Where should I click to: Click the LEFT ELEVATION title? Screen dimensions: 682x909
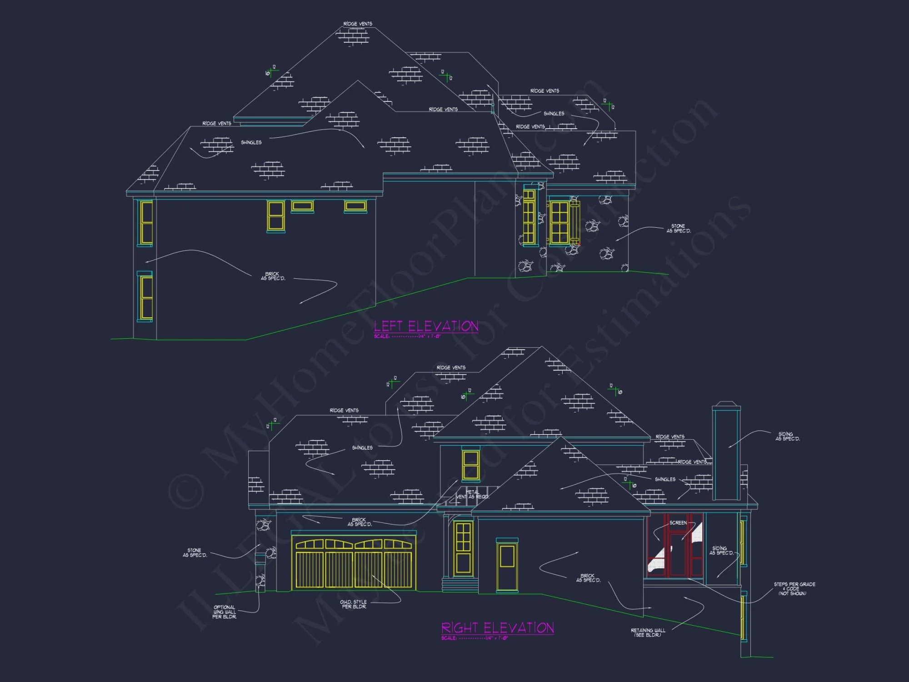(426, 326)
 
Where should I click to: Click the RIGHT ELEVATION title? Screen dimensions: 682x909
(497, 628)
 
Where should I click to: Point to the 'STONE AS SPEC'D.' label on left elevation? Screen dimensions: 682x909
(678, 228)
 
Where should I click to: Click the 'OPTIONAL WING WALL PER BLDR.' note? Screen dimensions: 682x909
(225, 612)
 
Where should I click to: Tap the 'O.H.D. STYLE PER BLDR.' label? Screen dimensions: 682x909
(353, 604)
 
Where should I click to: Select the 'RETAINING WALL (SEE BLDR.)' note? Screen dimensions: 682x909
(648, 632)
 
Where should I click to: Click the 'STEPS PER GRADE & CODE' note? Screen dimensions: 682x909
(794, 589)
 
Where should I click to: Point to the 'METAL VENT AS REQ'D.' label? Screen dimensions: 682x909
(472, 495)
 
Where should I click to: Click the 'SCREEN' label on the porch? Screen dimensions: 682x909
(678, 523)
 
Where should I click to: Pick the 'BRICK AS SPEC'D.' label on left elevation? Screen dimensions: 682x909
(273, 276)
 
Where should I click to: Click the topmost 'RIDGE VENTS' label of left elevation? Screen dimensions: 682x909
(358, 24)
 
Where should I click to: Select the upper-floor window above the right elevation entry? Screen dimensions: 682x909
(471, 465)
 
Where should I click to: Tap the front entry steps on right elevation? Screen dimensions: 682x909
(460, 585)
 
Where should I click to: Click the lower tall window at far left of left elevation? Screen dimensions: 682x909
(145, 297)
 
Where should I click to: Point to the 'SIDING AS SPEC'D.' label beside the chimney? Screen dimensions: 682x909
(787, 436)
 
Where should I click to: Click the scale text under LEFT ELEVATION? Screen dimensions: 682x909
(407, 336)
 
